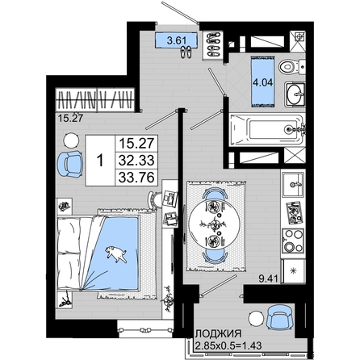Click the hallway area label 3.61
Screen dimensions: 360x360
(x=177, y=41)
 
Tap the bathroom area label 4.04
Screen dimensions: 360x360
(x=262, y=82)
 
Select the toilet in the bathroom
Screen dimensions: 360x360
(x=292, y=66)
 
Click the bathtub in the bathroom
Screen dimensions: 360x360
(x=268, y=130)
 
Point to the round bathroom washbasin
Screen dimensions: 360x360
(x=295, y=94)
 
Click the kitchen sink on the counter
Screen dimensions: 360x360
(x=293, y=185)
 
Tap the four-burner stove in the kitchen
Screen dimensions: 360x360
(x=293, y=241)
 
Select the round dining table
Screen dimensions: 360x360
(x=215, y=224)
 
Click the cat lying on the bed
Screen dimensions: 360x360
(x=115, y=253)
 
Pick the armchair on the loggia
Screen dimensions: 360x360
(x=279, y=317)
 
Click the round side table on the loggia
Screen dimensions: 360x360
(x=256, y=319)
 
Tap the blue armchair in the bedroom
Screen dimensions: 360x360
(x=70, y=164)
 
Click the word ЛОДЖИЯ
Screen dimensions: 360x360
(x=219, y=334)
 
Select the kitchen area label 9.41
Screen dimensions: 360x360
(x=268, y=278)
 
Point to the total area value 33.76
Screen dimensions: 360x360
(x=136, y=178)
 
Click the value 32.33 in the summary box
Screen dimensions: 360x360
(x=136, y=161)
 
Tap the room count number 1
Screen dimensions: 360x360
(x=100, y=161)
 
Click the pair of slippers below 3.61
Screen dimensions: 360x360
(x=186, y=52)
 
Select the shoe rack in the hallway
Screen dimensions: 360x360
(x=213, y=45)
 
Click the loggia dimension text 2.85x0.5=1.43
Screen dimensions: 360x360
(x=228, y=345)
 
